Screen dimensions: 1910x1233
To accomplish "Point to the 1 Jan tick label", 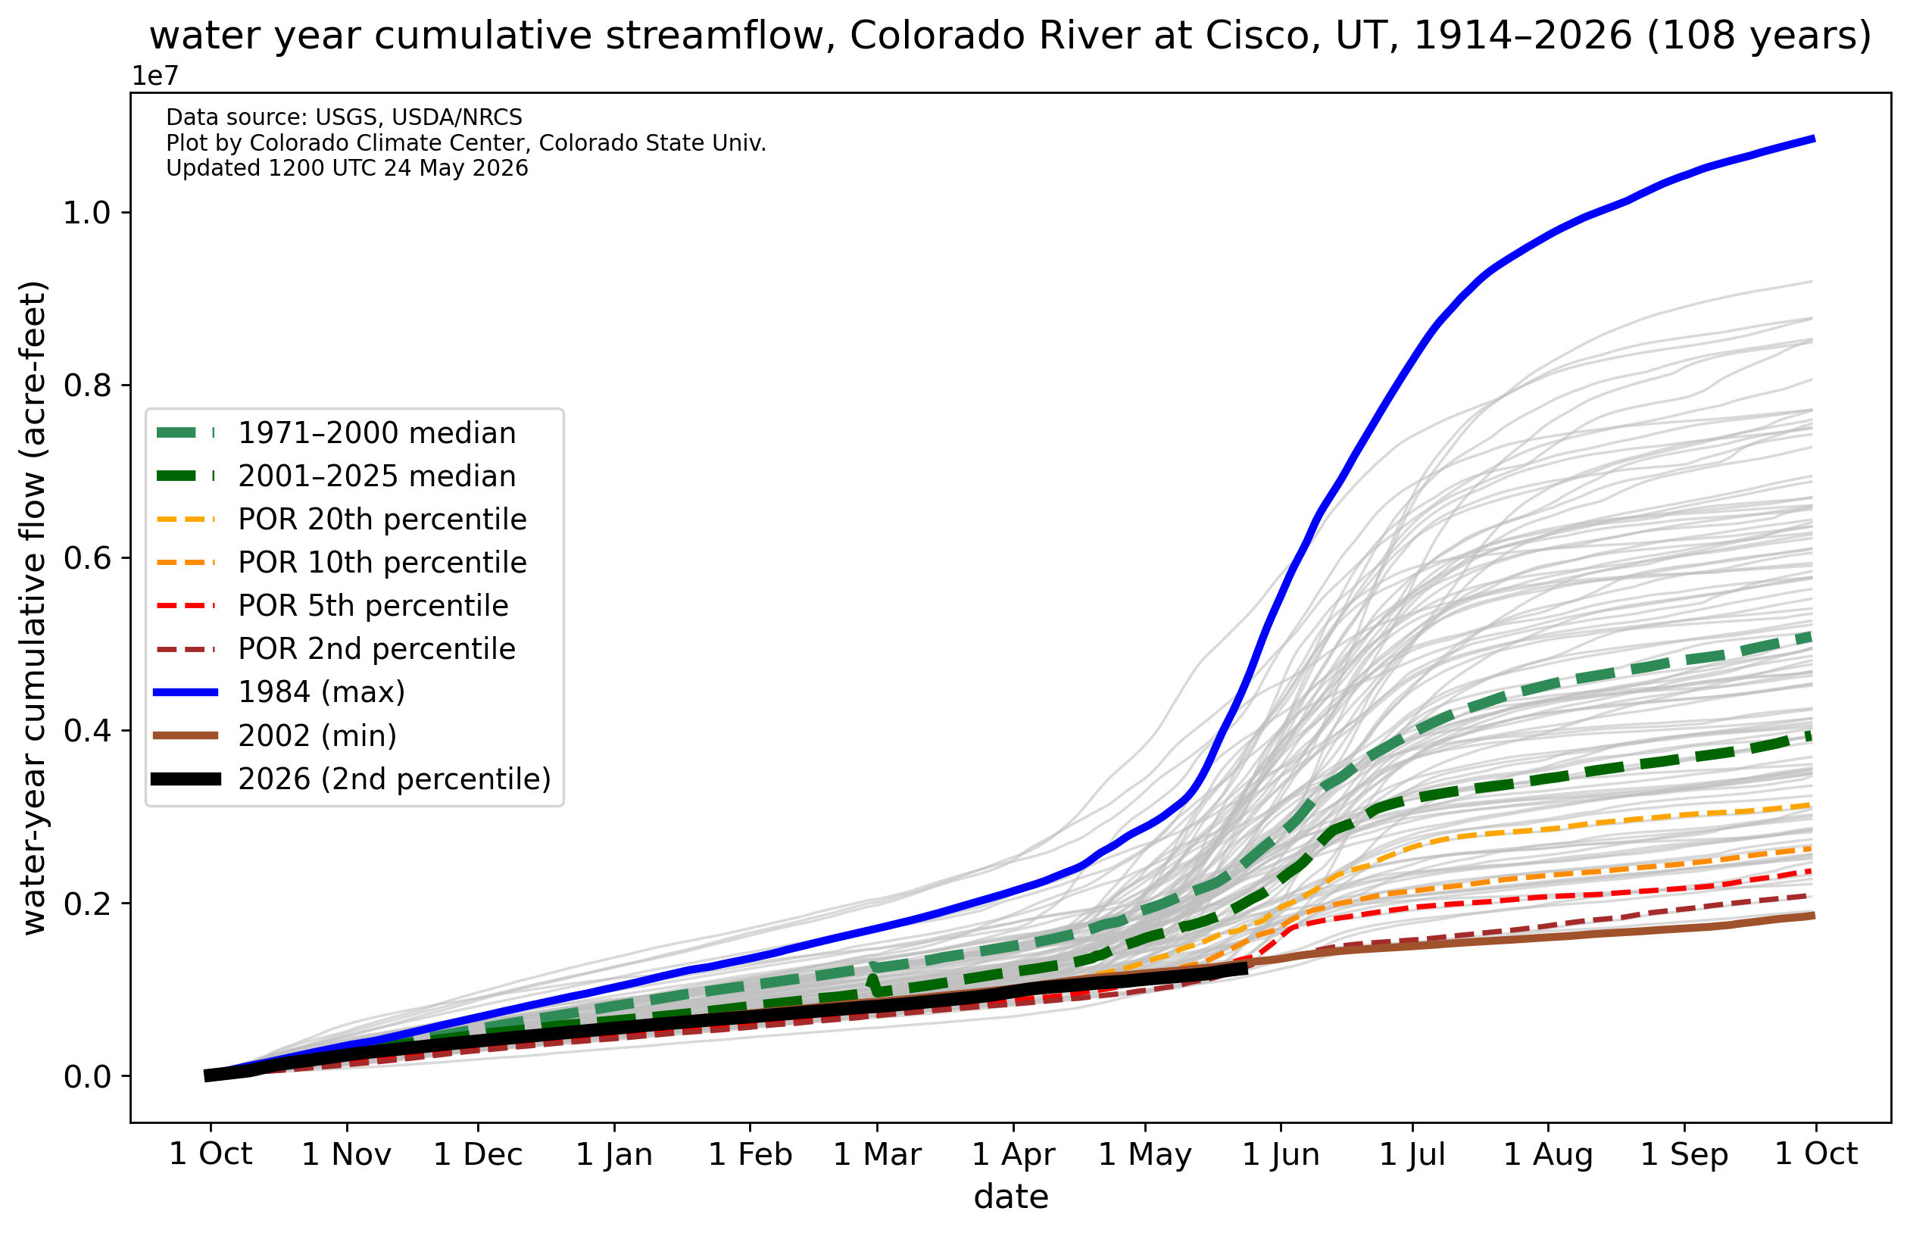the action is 614,1154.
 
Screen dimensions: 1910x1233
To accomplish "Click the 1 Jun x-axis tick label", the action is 1281,1154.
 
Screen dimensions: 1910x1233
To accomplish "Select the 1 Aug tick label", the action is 1548,1154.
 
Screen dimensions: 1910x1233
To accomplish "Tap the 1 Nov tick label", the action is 347,1154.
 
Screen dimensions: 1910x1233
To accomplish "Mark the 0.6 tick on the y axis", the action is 87,558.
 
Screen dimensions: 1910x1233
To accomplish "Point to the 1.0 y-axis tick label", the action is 87,213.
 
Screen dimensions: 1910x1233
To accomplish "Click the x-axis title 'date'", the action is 1011,1197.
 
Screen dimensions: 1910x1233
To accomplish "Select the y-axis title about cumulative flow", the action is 33,607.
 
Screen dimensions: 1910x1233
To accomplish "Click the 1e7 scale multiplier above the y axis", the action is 155,76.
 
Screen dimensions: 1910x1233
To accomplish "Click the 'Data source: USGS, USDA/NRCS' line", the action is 345,117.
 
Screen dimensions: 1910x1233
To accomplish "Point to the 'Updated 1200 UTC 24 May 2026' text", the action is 347,168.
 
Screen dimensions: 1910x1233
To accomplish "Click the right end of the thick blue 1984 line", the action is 1813,139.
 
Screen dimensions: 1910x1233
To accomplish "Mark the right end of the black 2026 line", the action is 1247,969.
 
